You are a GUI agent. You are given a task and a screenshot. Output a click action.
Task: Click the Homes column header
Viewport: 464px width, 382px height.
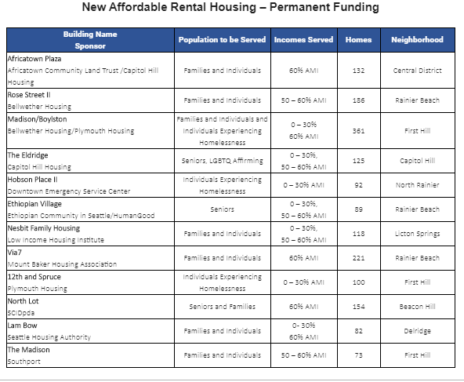(x=358, y=40)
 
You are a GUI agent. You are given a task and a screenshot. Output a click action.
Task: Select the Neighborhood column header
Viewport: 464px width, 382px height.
(x=417, y=40)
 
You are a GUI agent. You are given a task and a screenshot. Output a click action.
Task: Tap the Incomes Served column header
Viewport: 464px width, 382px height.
(x=303, y=40)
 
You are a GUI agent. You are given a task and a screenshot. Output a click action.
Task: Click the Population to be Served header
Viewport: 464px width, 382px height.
(x=222, y=40)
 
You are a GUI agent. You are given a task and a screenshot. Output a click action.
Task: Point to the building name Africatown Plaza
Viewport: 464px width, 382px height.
(x=34, y=59)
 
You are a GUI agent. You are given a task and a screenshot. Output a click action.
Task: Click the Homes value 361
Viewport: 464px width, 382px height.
(x=358, y=131)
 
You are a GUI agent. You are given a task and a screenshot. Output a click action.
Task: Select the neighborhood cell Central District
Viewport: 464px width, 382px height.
(x=417, y=71)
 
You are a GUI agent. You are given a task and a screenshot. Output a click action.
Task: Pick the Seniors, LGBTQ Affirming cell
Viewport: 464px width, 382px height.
(x=223, y=161)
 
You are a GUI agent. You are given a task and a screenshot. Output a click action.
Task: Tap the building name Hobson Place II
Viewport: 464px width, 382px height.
(x=33, y=180)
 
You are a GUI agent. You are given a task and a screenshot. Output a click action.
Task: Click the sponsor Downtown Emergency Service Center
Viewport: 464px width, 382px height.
(x=69, y=191)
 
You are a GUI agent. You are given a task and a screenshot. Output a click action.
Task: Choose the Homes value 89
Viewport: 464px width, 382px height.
(x=358, y=209)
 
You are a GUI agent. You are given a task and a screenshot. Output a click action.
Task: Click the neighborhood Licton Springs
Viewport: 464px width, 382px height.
(x=417, y=234)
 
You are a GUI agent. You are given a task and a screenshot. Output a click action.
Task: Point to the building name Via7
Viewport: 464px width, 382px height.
(x=14, y=253)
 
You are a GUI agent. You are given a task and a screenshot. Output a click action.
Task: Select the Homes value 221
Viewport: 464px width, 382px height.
(x=358, y=258)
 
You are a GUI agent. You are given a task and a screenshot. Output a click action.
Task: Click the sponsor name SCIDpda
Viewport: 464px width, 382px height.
(x=21, y=313)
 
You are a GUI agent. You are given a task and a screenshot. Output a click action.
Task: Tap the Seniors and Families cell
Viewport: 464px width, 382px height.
(x=223, y=307)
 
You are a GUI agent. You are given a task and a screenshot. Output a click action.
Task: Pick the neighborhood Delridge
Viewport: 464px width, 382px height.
(x=417, y=331)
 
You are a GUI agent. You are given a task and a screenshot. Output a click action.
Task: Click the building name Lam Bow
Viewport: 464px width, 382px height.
(x=23, y=326)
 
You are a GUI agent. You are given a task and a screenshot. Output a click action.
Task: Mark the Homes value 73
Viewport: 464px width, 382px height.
(x=358, y=355)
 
